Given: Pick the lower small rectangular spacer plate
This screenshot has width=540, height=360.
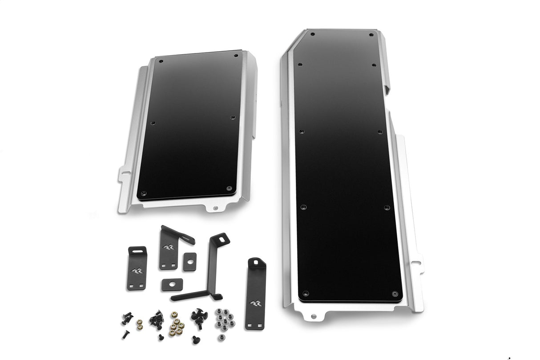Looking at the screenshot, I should coord(172,284).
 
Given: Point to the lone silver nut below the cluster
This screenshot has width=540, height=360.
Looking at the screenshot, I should coord(221,337).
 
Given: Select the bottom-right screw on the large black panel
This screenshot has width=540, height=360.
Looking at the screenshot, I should coord(395,294).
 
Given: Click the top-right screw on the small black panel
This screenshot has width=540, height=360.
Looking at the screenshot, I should coord(236,56).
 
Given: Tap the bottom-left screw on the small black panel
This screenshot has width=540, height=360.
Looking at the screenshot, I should coord(143,193).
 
